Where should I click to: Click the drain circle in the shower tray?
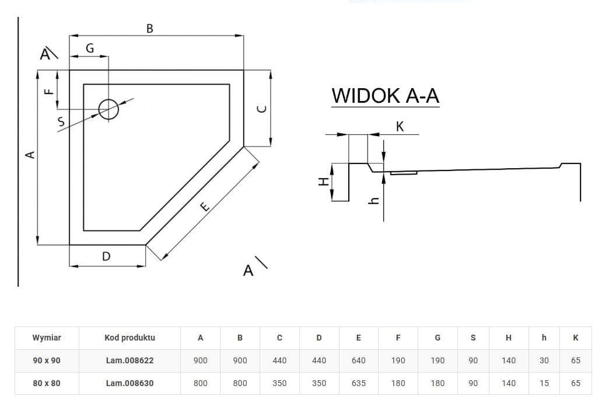click(108, 109)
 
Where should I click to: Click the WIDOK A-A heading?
click(385, 96)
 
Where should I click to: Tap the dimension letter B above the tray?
click(150, 28)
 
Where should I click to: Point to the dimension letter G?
click(90, 48)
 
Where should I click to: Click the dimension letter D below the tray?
click(106, 256)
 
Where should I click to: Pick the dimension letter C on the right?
click(262, 109)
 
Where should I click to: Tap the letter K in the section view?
click(400, 126)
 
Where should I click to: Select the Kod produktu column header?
click(129, 338)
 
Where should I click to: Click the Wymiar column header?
click(47, 338)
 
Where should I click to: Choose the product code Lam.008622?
click(129, 360)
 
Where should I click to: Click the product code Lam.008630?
click(129, 383)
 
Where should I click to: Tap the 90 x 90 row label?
click(47, 360)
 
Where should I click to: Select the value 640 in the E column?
click(358, 360)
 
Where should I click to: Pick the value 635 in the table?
click(358, 383)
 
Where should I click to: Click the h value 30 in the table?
click(544, 360)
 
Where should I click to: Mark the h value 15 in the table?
click(544, 383)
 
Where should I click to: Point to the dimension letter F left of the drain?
click(49, 91)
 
